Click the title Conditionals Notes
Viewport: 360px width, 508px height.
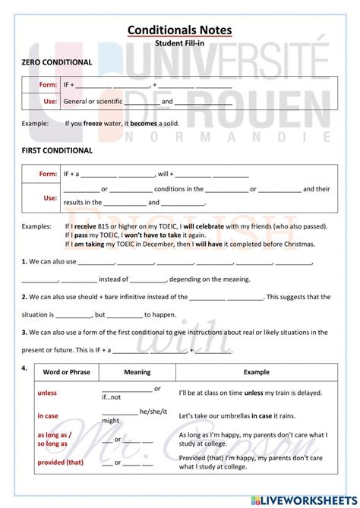[179, 30]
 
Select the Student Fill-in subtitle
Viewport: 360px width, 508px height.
[179, 44]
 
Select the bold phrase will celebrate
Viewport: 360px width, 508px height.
[205, 226]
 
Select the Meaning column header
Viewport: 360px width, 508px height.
[137, 372]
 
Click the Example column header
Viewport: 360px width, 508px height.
[256, 372]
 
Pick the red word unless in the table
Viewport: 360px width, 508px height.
[47, 393]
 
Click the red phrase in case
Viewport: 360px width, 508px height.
[48, 416]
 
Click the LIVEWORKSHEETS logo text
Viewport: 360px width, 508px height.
[313, 500]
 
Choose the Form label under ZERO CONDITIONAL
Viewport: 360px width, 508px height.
[49, 85]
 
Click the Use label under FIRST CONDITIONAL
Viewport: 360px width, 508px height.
[50, 197]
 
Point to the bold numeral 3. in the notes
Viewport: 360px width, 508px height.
[25, 333]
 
